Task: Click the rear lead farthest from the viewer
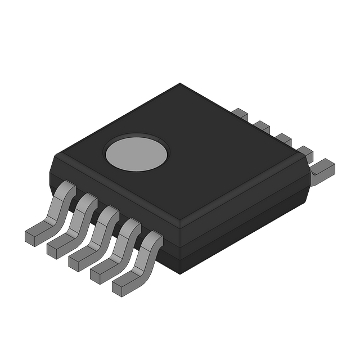pyautogui.click(x=240, y=114)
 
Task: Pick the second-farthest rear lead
pyautogui.click(x=262, y=125)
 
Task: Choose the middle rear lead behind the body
pyautogui.click(x=283, y=138)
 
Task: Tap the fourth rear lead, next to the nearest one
pyautogui.click(x=304, y=151)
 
